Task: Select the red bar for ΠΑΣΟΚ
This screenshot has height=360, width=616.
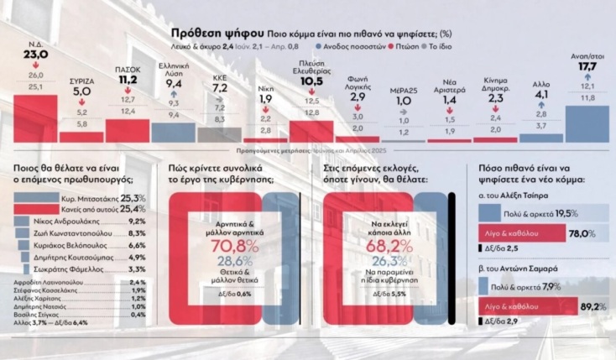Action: (x=127, y=130)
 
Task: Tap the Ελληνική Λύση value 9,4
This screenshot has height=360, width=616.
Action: (x=174, y=84)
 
